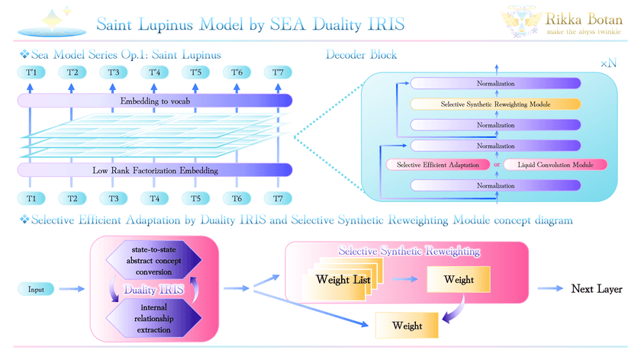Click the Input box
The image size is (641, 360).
pyautogui.click(x=35, y=289)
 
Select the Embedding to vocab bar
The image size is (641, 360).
pyautogui.click(x=155, y=101)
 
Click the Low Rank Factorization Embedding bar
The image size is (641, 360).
pyautogui.click(x=155, y=170)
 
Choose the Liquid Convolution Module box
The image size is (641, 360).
pyautogui.click(x=555, y=165)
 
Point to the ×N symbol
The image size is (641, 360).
pyautogui.click(x=608, y=65)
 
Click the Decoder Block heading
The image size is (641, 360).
pyautogui.click(x=361, y=56)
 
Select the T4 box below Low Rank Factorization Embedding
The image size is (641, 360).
pyautogui.click(x=155, y=198)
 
